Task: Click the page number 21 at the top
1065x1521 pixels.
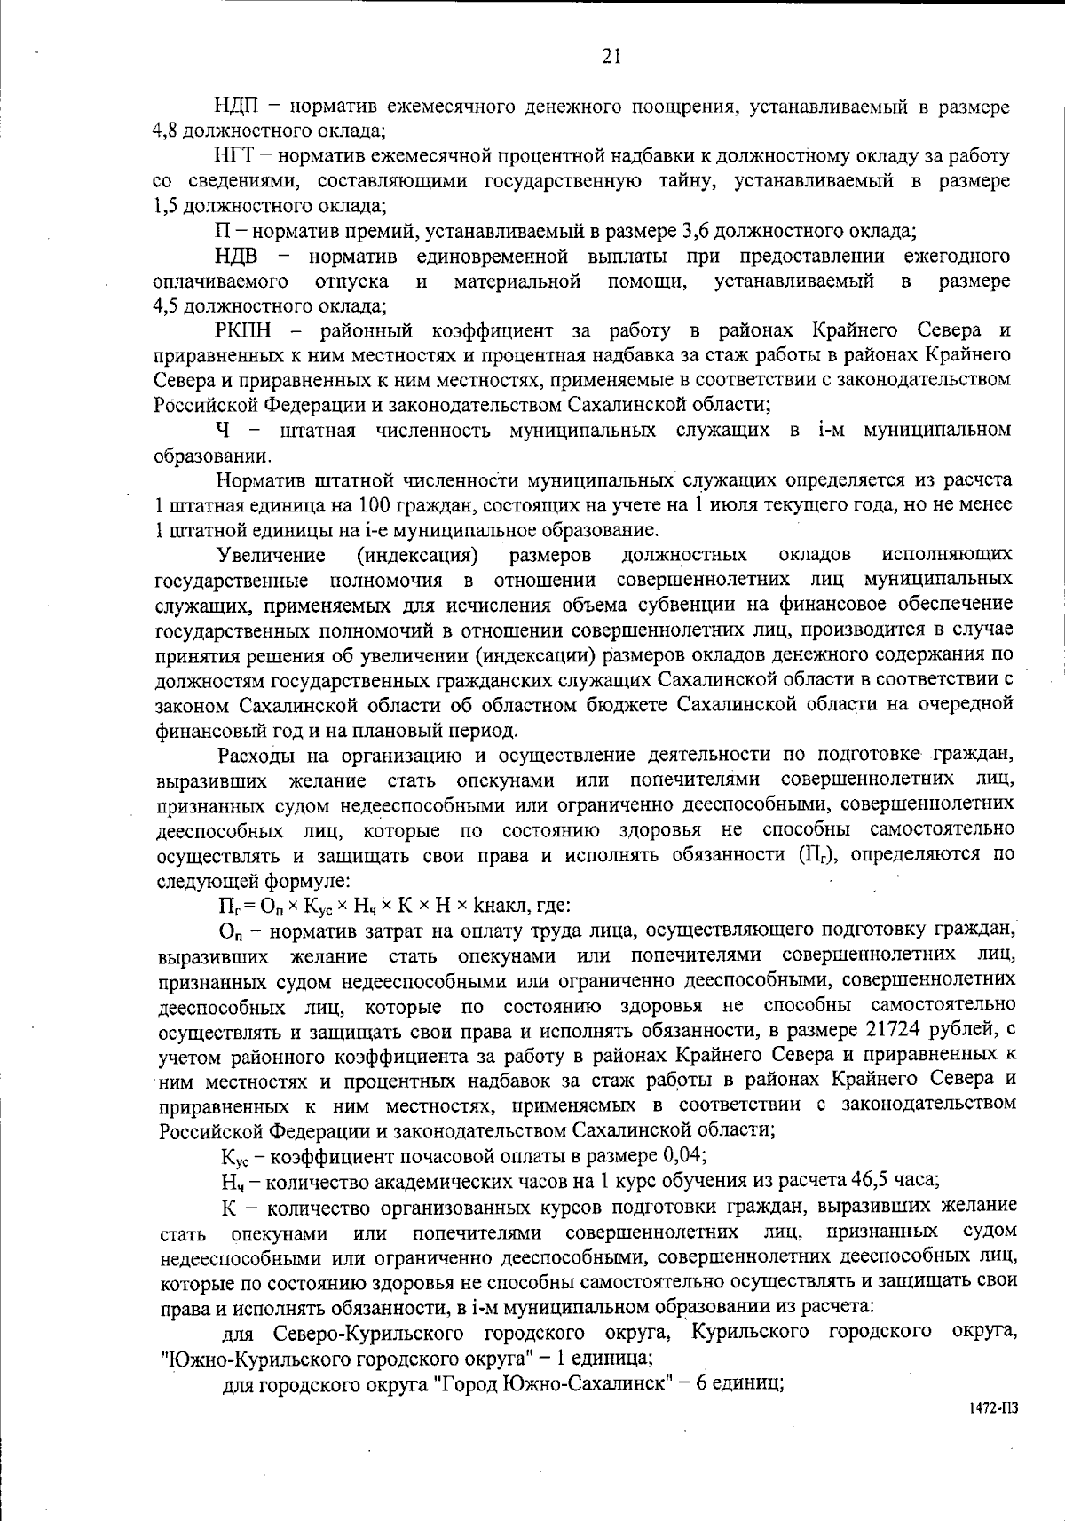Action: tap(611, 58)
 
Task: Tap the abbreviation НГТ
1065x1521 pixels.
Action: tap(235, 157)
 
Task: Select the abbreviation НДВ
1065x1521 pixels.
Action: tap(237, 257)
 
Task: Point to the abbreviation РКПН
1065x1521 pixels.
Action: tap(241, 331)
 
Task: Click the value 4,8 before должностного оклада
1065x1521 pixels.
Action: tap(166, 131)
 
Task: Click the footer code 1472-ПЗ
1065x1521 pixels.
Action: tap(994, 1408)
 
